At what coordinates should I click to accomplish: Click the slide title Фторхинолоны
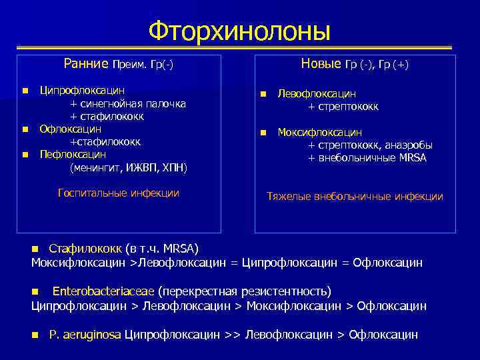[239, 30]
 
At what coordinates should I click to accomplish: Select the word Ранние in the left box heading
[86, 64]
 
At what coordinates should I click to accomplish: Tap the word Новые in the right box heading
[321, 64]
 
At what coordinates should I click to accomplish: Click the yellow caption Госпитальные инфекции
[119, 193]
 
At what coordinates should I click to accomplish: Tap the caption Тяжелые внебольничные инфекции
[355, 197]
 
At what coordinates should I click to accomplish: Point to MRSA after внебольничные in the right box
[413, 158]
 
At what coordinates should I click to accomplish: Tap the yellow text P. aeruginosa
[85, 335]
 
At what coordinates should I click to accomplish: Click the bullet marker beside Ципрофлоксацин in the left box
[25, 90]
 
